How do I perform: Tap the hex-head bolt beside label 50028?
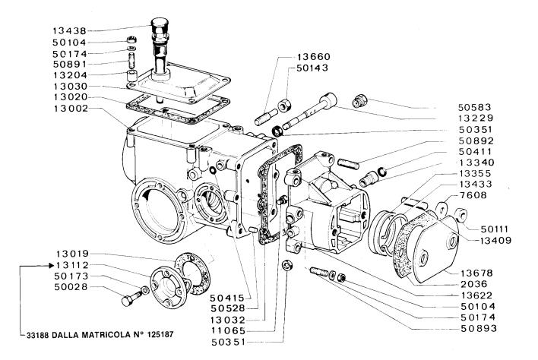coord(128,297)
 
